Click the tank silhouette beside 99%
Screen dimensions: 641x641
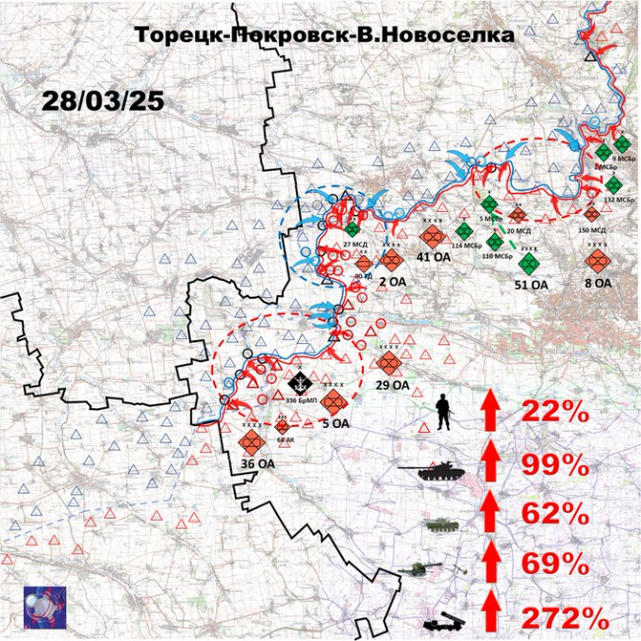click(434, 472)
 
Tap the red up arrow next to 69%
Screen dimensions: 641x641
click(490, 566)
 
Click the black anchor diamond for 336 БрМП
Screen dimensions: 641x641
click(300, 380)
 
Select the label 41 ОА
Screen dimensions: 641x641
click(433, 258)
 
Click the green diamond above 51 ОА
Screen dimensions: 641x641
click(530, 262)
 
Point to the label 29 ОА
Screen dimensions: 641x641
click(392, 386)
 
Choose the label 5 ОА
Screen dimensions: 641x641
click(335, 424)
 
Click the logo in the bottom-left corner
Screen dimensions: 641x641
click(44, 603)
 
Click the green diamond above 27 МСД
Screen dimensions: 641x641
click(352, 229)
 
